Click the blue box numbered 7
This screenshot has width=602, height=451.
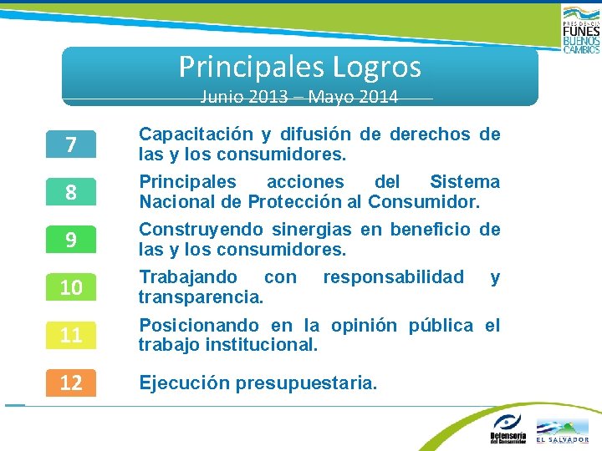tap(71, 145)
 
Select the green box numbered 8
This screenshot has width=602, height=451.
tap(71, 193)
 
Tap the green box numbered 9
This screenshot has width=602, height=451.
tap(71, 241)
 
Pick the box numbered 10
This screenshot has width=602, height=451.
tap(71, 288)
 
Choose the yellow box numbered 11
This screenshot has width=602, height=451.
tap(71, 336)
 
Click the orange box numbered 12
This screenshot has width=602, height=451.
tap(71, 383)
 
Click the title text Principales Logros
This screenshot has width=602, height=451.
tap(299, 66)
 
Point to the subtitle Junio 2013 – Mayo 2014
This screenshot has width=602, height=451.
tap(299, 97)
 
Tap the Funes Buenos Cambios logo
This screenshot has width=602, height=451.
tap(580, 29)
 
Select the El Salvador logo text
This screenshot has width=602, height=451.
tap(562, 439)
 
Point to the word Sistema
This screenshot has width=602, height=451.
tap(464, 182)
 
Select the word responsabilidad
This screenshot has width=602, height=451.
tap(393, 277)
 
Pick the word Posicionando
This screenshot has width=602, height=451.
tap(197, 326)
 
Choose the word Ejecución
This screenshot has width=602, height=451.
tap(184, 383)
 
